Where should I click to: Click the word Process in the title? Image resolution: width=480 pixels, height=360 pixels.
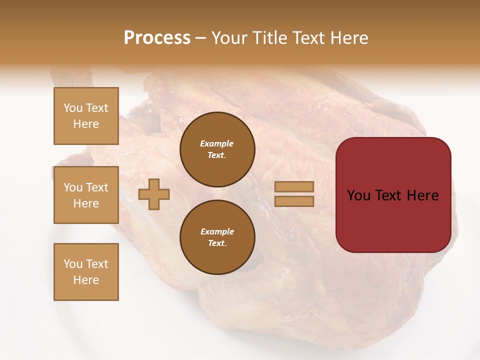coord(157,38)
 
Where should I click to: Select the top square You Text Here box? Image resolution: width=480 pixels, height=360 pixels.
coord(86,116)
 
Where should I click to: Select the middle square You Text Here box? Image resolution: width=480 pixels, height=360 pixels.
coord(86,195)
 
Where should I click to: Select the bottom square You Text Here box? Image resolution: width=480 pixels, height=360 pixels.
coord(86,272)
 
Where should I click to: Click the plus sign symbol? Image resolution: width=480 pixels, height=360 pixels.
coord(154,194)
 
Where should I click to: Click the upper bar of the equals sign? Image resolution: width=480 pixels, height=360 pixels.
coord(294,186)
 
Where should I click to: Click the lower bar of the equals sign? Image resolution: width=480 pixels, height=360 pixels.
coord(294,201)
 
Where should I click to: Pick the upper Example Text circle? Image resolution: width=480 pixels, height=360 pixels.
coord(217,149)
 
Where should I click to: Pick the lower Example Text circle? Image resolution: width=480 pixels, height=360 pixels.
coord(217,237)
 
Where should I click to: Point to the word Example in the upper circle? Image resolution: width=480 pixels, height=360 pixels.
coord(217,143)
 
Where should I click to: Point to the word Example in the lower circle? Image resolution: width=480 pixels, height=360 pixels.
coord(217,231)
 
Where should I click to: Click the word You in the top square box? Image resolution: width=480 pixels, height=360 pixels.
coord(72,108)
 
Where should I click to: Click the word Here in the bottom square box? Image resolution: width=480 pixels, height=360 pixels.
coord(86,280)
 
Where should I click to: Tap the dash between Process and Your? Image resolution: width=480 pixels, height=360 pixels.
coord(200,38)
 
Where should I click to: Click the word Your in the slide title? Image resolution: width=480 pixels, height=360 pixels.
coord(229,38)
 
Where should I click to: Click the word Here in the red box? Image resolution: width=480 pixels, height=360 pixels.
coord(422,195)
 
